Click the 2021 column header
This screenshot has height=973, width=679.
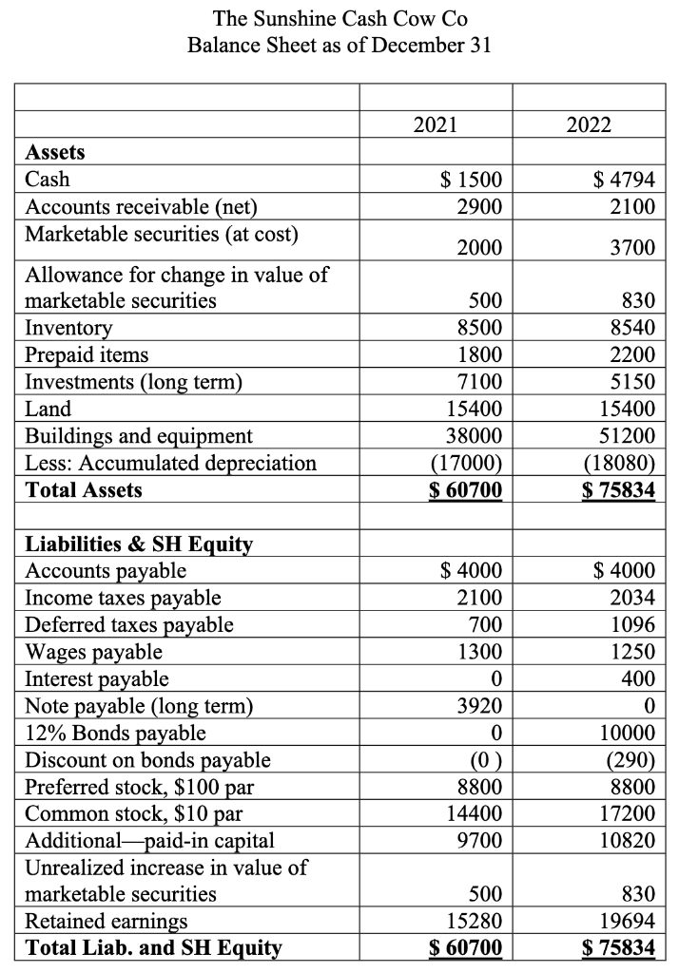[x=436, y=124]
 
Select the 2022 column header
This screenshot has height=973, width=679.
[x=589, y=124]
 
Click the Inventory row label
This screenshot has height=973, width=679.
[x=68, y=328]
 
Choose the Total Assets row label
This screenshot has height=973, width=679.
[x=84, y=490]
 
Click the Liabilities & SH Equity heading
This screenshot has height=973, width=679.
[x=139, y=544]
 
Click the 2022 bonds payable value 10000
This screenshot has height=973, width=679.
[x=627, y=733]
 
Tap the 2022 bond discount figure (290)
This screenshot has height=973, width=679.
[x=630, y=759]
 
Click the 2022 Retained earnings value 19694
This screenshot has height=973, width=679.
[x=627, y=921]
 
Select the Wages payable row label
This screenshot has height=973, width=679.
[x=93, y=652]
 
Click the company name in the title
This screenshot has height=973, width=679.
[x=340, y=18]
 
